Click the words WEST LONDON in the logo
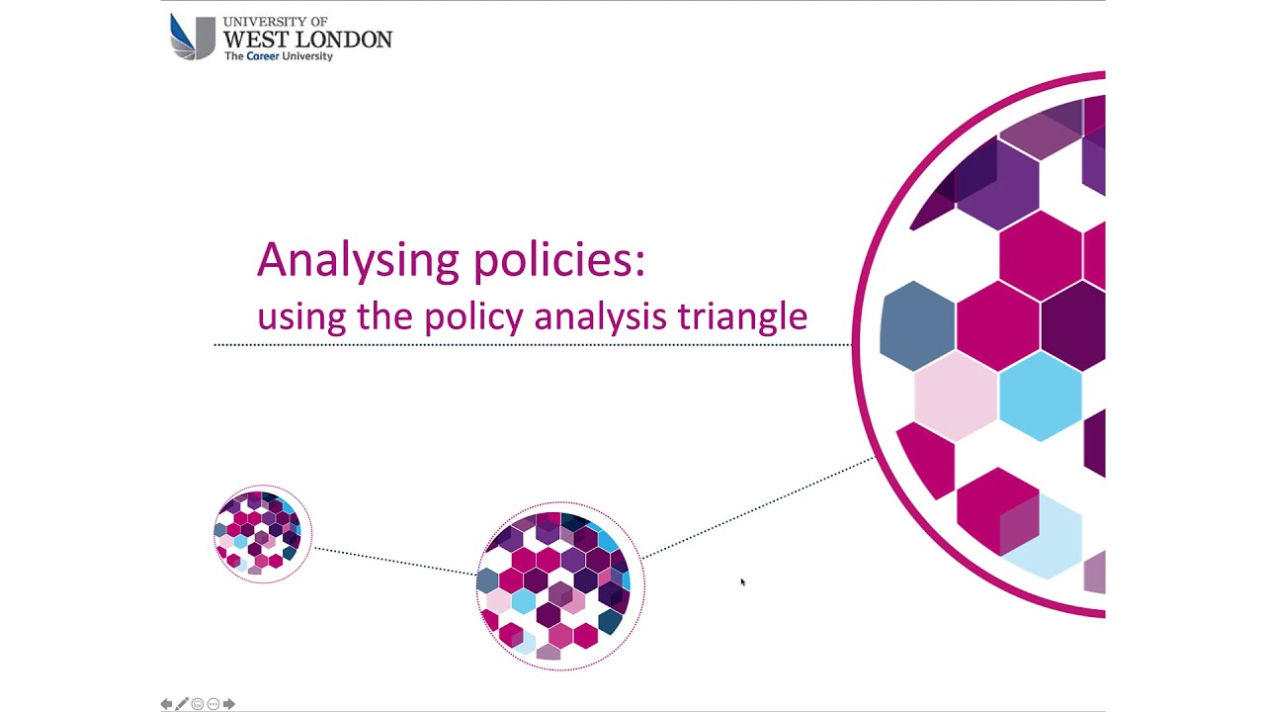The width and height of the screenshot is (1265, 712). coord(307,39)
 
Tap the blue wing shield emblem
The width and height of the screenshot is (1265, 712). coord(192,38)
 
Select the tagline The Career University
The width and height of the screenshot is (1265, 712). coord(279,56)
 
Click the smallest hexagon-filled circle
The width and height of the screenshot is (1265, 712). coord(262,534)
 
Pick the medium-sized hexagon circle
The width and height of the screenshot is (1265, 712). coord(560,586)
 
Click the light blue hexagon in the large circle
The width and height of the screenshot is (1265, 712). coord(1040,396)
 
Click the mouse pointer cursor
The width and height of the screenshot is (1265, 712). coord(742,582)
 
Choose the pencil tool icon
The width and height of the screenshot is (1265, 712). coord(182,704)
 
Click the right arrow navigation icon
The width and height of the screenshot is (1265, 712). coord(229,704)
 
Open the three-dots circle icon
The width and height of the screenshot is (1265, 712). coord(213,704)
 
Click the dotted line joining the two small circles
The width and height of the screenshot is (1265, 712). coord(393,560)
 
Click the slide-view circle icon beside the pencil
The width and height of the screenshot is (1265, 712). coord(198,704)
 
